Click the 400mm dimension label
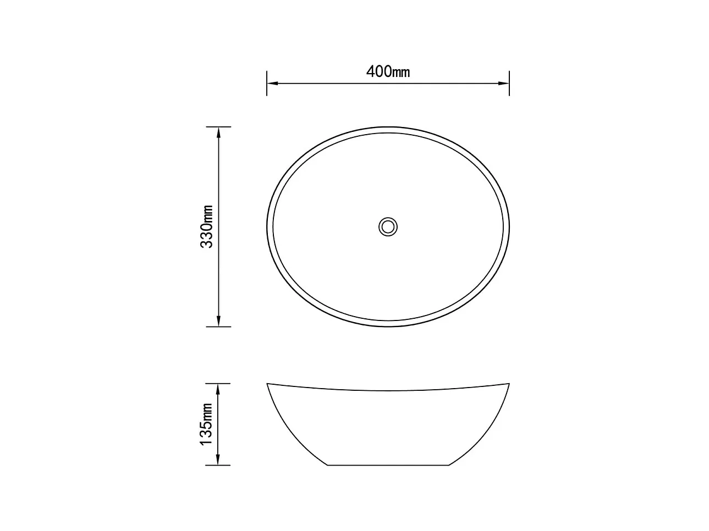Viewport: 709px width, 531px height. tap(388, 71)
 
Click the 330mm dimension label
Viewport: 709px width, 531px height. tap(207, 226)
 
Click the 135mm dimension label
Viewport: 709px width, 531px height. tap(207, 424)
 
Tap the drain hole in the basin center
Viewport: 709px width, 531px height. tap(388, 226)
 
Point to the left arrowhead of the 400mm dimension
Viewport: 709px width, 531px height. tap(272, 84)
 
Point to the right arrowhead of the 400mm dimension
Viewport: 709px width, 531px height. tap(504, 84)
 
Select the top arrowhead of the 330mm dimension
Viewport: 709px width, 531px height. tap(219, 132)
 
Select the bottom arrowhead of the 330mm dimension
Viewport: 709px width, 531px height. tap(219, 321)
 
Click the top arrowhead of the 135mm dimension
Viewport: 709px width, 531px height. tap(219, 388)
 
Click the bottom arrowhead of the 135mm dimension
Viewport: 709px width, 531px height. tap(219, 460)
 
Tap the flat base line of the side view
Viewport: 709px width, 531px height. tap(388, 465)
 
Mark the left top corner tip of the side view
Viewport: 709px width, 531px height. tap(267, 383)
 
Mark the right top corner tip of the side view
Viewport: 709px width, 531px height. tap(509, 383)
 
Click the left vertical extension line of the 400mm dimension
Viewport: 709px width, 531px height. tap(267, 91)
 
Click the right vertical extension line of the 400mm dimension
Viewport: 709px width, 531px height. tap(509, 91)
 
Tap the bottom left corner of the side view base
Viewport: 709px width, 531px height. tap(328, 465)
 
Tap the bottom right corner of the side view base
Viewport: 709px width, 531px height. tap(449, 465)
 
